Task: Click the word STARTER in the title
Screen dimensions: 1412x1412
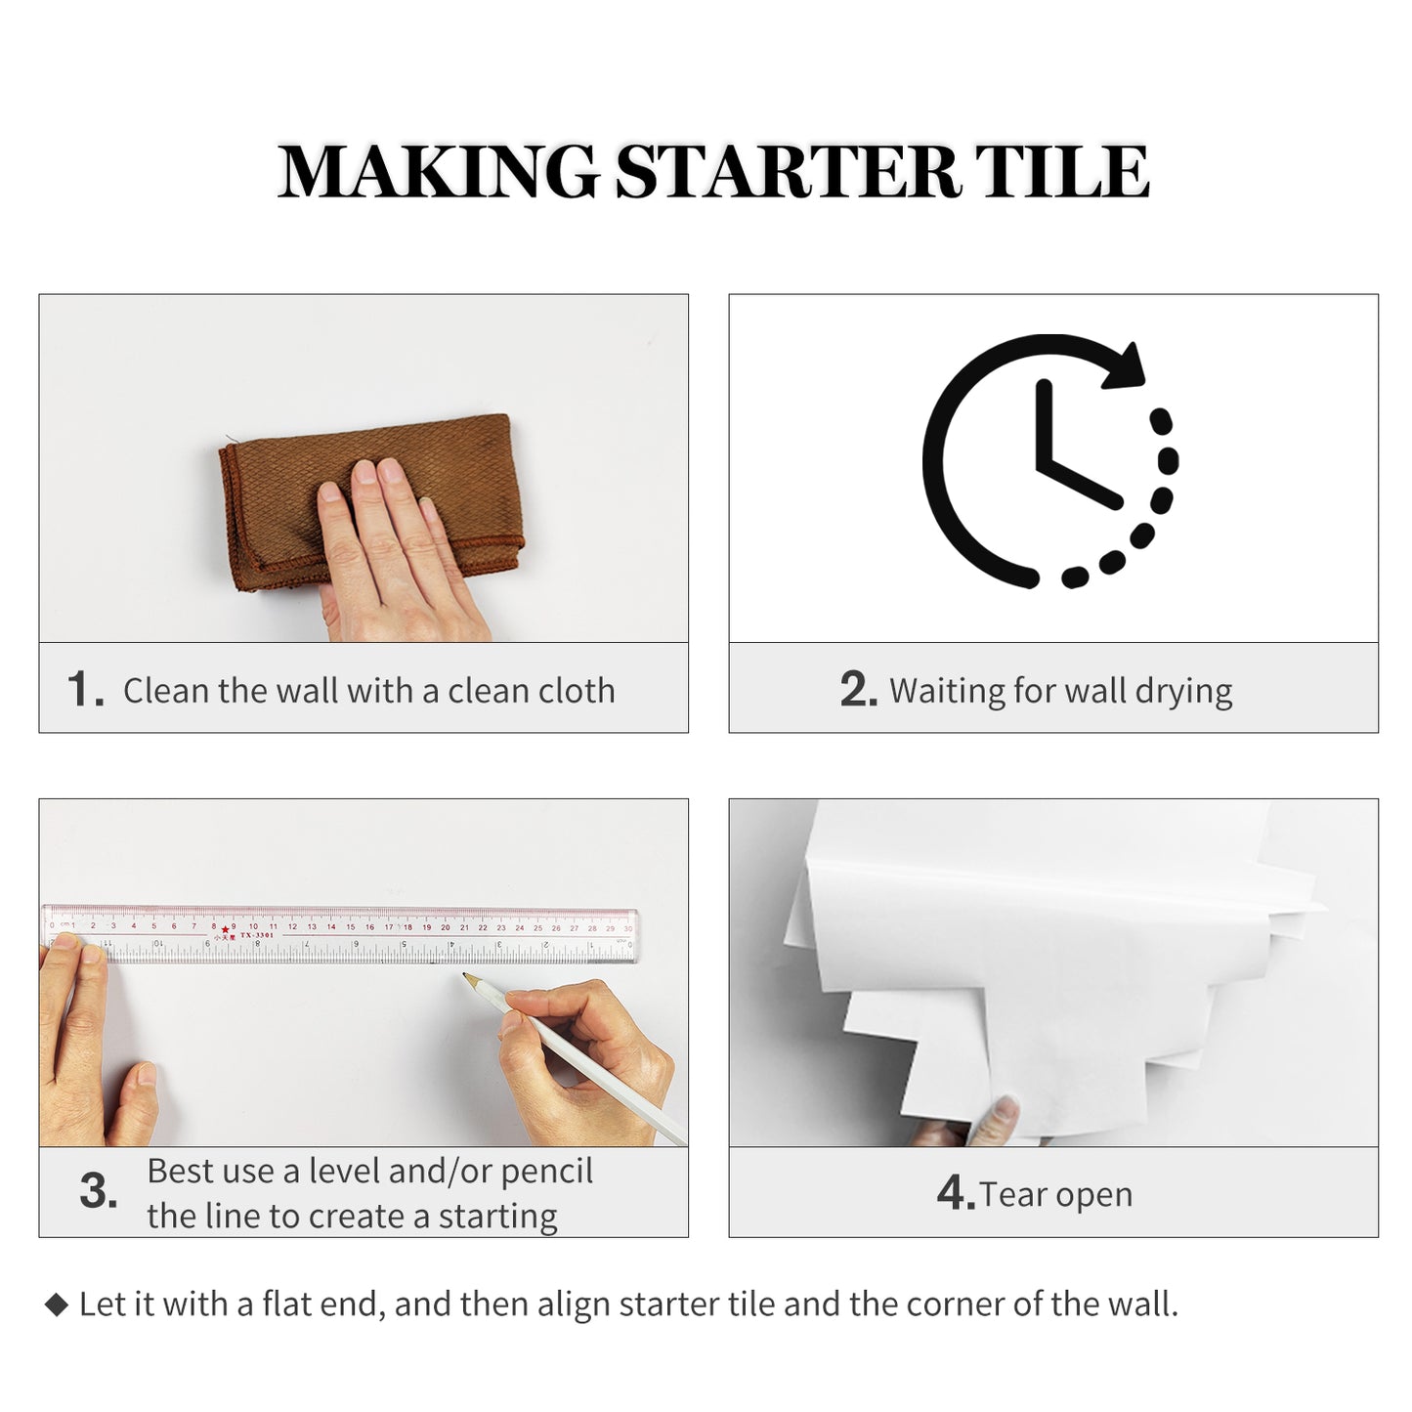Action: (787, 172)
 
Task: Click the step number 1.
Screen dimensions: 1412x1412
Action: (85, 689)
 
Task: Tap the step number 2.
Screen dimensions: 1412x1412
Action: (858, 690)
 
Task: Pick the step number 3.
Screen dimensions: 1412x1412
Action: (98, 1192)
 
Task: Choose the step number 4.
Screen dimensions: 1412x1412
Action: (955, 1193)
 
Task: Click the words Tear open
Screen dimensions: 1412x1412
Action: (1055, 1194)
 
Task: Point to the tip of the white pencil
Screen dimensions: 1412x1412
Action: (466, 975)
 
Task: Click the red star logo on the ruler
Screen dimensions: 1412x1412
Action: (226, 928)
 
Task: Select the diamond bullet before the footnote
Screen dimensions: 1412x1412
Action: (57, 1305)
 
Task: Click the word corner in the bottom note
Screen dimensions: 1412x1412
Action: (957, 1305)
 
